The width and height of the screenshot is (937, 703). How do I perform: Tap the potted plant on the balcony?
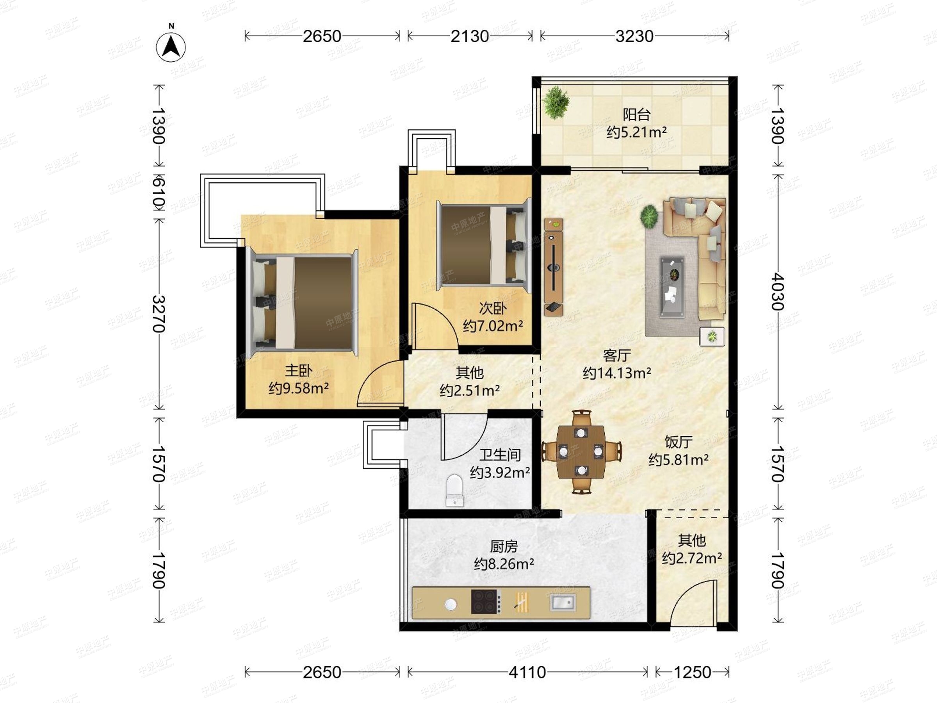coord(556,103)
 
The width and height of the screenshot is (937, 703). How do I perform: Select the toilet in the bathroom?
coord(455,490)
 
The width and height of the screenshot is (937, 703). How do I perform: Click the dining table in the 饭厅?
coord(581,451)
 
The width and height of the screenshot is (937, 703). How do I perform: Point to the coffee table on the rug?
coord(672,287)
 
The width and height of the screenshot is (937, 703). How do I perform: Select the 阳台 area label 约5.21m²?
coord(636,132)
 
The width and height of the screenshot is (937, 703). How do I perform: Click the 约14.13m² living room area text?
coord(617,373)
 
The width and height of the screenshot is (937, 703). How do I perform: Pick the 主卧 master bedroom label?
coord(298,371)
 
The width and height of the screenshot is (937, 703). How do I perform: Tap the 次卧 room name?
coord(493,308)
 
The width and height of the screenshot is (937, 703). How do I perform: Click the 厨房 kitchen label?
coord(504,546)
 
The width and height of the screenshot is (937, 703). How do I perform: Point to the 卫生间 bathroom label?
coord(500,455)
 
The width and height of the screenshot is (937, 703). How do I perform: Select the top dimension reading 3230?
coord(634,36)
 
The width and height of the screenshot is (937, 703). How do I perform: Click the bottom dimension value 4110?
coord(527,672)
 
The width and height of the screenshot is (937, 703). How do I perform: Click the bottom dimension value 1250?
coord(692,672)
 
